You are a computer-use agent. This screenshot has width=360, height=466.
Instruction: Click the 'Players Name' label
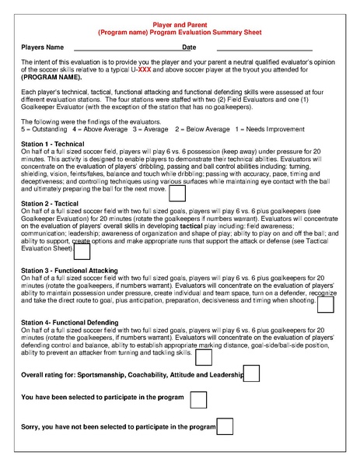click(x=43, y=48)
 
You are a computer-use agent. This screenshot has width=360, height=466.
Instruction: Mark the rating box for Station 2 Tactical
click(x=82, y=251)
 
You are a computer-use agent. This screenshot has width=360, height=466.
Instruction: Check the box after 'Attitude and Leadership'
click(x=253, y=375)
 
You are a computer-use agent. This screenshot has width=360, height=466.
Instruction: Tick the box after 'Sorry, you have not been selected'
click(x=225, y=426)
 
